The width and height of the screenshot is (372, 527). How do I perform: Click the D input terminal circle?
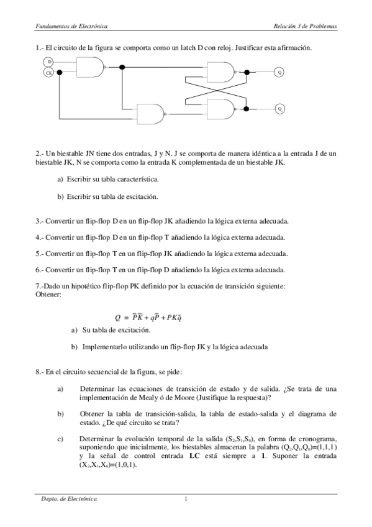pos(49,62)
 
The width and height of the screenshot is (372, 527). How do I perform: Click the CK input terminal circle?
pos(49,73)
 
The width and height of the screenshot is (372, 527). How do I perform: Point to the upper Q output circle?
pos(279,73)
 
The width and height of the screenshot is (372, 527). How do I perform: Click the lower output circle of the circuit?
pos(279,108)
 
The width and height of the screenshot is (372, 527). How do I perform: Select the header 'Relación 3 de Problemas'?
pos(307,27)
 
